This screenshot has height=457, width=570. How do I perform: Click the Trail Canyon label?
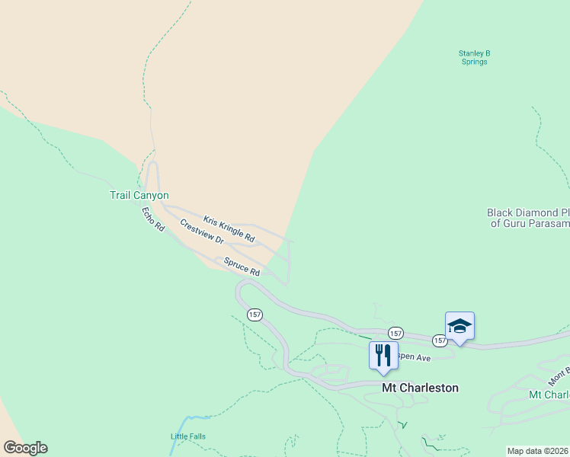tap(139, 196)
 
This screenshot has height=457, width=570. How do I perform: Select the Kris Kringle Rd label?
tap(229, 229)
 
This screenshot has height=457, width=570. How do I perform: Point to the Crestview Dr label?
tap(202, 232)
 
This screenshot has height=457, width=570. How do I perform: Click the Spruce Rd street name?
tap(242, 267)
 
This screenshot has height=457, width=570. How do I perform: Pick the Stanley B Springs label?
tap(474, 57)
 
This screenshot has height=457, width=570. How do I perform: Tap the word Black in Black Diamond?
tap(500, 213)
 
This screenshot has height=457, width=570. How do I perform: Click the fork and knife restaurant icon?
tap(383, 354)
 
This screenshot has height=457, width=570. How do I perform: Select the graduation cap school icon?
tap(460, 326)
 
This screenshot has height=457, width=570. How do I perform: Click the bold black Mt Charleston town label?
tap(420, 388)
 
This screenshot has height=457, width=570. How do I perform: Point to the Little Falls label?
tap(187, 436)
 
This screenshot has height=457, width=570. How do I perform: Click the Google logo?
tap(25, 448)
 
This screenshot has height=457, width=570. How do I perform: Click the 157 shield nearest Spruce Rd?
tap(255, 315)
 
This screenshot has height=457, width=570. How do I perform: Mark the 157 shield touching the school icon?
tap(440, 340)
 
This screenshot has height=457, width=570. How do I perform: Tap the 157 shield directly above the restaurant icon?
tap(395, 334)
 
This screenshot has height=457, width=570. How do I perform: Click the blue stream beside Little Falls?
tap(184, 423)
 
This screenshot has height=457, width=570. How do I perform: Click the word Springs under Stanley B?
tap(474, 62)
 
